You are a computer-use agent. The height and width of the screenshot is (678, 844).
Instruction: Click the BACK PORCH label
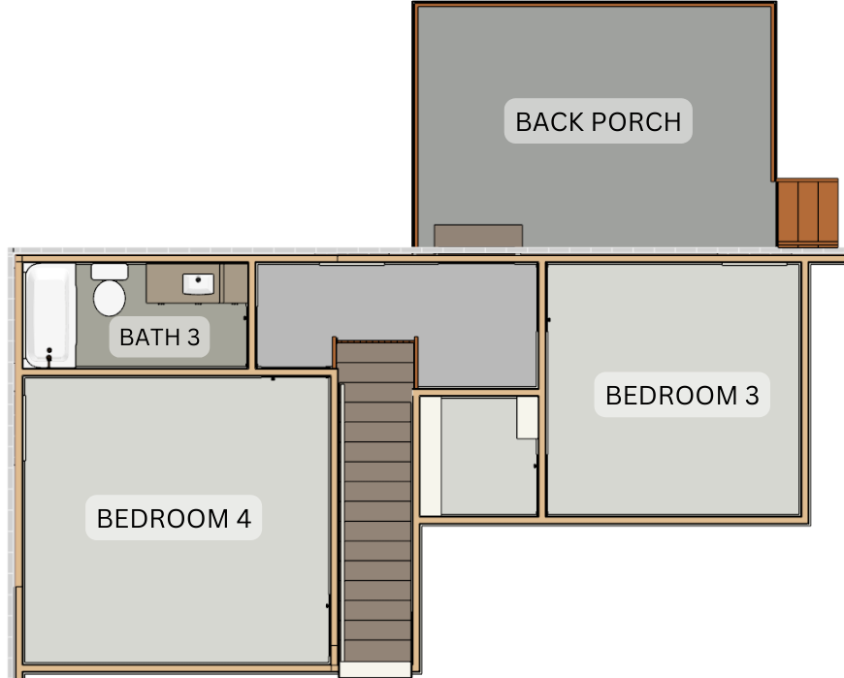pos(598,121)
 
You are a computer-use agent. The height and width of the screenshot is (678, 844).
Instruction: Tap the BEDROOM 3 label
pos(682,395)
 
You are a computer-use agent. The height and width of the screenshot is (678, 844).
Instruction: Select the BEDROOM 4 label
pos(174,518)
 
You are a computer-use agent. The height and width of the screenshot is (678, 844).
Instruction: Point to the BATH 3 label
pos(159,337)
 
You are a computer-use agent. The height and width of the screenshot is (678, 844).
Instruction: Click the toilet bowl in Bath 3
pos(110,298)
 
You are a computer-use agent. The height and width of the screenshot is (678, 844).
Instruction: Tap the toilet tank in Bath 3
pos(110,272)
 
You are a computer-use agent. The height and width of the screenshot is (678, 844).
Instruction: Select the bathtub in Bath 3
pos(50,315)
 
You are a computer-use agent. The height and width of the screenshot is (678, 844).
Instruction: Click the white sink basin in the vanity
pos(198,283)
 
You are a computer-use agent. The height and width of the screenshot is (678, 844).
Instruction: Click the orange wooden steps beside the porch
pos(807,213)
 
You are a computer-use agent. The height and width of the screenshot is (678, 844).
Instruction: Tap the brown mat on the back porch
pos(478,236)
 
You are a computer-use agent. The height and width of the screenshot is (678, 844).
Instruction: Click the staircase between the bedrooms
pos(377,501)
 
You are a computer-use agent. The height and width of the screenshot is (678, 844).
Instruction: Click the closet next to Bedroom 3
pos(478,456)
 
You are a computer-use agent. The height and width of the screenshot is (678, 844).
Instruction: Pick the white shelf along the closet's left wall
pos(430,456)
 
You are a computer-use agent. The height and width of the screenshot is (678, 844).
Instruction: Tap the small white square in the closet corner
pos(527,417)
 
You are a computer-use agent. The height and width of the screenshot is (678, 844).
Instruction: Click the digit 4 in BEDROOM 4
pos(243,518)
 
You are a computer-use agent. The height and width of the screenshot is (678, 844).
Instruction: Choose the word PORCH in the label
pos(636,121)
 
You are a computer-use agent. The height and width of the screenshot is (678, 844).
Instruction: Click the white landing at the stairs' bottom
pos(375,670)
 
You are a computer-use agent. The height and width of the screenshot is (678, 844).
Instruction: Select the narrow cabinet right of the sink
pos(234,283)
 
